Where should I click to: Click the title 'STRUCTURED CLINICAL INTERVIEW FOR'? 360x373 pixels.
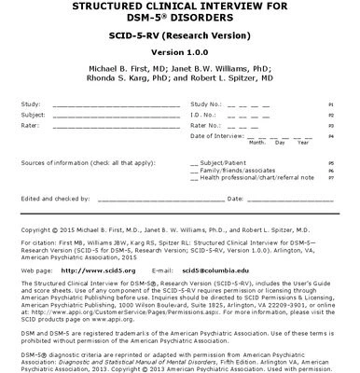point(179,5)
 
